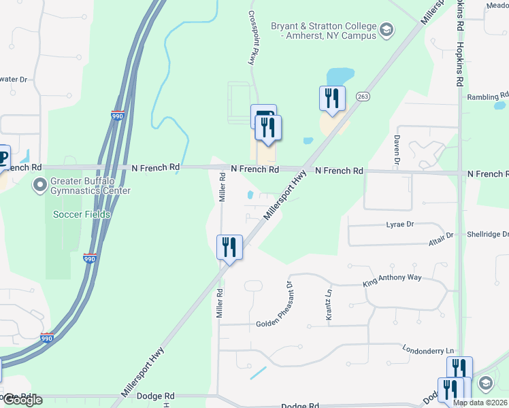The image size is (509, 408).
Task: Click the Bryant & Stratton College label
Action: click(x=323, y=31)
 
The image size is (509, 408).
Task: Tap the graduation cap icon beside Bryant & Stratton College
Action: click(x=387, y=29)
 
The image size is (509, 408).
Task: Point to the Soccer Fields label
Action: click(x=82, y=214)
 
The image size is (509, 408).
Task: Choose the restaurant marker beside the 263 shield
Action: click(x=332, y=98)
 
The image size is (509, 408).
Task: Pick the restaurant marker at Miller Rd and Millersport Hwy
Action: click(x=229, y=247)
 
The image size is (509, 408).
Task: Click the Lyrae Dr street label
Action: click(x=399, y=224)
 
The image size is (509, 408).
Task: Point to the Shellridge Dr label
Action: click(x=487, y=234)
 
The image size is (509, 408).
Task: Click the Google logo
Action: click(x=22, y=400)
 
